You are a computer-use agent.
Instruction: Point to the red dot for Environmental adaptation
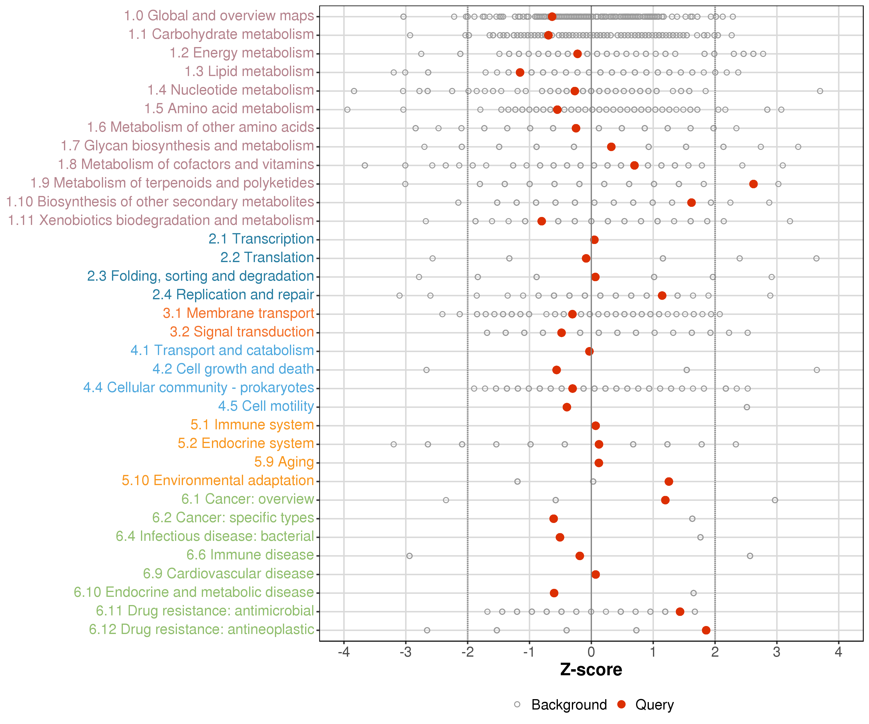pyautogui.click(x=669, y=481)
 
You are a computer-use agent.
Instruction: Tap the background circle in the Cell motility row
pyautogui.click(x=747, y=407)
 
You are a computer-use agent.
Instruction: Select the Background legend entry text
pyautogui.click(x=569, y=704)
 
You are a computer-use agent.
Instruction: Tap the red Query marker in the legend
pyautogui.click(x=621, y=704)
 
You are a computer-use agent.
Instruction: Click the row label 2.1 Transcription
pyautogui.click(x=261, y=239)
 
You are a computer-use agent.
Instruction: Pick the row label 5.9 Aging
pyautogui.click(x=284, y=462)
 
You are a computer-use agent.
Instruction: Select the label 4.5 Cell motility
pyautogui.click(x=266, y=406)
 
